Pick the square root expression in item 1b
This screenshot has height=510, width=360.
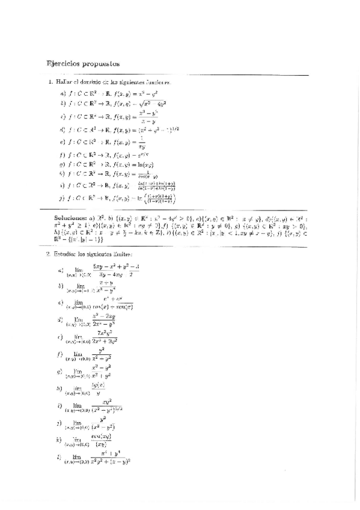(x=152, y=103)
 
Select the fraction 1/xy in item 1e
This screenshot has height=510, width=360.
(x=142, y=143)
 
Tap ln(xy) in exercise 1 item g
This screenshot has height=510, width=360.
(x=148, y=164)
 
